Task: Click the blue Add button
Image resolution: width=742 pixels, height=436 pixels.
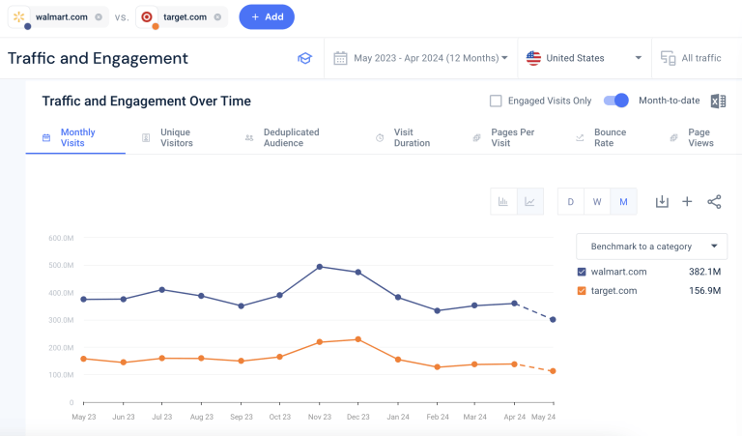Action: pyautogui.click(x=267, y=16)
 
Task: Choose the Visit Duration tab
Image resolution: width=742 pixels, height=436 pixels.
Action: pyautogui.click(x=403, y=138)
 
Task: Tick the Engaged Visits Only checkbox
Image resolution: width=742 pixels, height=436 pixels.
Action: pyautogui.click(x=496, y=101)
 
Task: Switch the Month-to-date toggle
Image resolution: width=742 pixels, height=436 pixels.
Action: pyautogui.click(x=616, y=101)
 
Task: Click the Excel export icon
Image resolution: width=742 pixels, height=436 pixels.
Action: pyautogui.click(x=718, y=102)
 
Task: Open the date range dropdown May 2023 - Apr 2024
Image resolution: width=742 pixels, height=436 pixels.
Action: pyautogui.click(x=421, y=58)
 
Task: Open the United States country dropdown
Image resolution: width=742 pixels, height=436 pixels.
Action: pyautogui.click(x=585, y=58)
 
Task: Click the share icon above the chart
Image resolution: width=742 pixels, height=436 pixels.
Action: pyautogui.click(x=714, y=201)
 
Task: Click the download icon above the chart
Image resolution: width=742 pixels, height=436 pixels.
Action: pyautogui.click(x=662, y=201)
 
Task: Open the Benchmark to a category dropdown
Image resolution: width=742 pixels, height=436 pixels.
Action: pyautogui.click(x=651, y=247)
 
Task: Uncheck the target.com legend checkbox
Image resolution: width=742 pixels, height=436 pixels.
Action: pyautogui.click(x=582, y=290)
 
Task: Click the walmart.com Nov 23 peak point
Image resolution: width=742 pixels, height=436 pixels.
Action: pyautogui.click(x=319, y=266)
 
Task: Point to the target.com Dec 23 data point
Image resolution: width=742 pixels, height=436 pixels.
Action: pyautogui.click(x=358, y=339)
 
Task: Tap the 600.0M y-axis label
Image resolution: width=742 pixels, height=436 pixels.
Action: pyautogui.click(x=61, y=237)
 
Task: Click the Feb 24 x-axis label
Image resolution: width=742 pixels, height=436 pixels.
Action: pyautogui.click(x=437, y=417)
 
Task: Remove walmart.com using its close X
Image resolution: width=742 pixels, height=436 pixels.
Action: pyautogui.click(x=99, y=16)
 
